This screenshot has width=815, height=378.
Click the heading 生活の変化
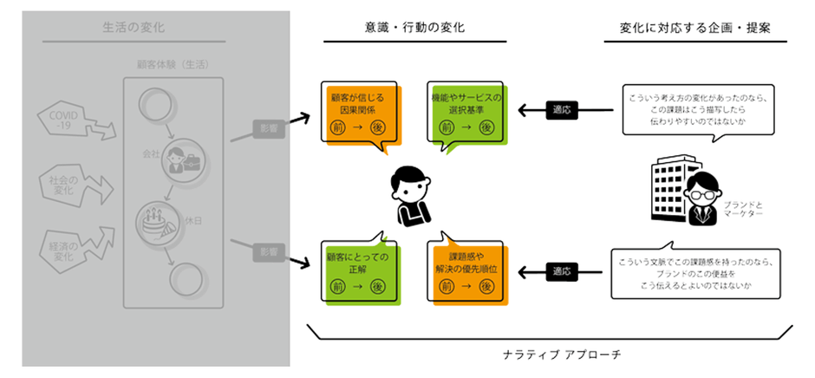(x=146, y=27)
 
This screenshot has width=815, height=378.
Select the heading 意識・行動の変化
(x=414, y=27)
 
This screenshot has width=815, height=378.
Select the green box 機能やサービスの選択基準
(x=466, y=113)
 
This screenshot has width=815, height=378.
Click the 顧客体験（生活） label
(x=173, y=65)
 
